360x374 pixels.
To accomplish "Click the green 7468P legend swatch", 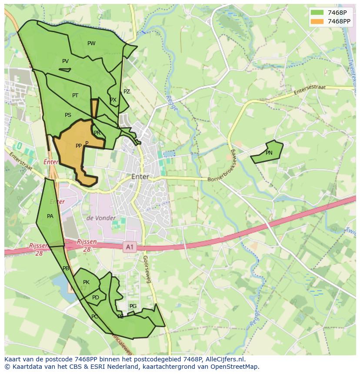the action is pos(317,13).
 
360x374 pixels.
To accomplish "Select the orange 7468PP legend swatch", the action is pos(317,21).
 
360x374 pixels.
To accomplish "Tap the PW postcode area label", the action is pos(91,43).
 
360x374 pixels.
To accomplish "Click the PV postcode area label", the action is pos(65,61).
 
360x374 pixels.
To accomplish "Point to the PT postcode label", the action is pos(75,96).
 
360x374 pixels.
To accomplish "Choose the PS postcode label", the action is pos(68,115).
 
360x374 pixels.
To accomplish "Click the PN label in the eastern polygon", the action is pos(269,153).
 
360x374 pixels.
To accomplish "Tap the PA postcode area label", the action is pos(50,216).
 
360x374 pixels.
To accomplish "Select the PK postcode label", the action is pos(86,282).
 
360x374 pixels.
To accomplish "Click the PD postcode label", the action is pos(96,298).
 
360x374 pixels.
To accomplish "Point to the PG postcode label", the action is pos(133,306).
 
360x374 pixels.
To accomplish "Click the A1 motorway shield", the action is pos(129,247).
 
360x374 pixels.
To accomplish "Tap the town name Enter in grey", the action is pos(140,177).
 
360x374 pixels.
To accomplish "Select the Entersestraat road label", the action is pos(310,90).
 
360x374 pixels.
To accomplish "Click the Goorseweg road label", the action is pos(147,269).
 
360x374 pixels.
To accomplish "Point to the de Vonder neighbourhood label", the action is pos(101,218).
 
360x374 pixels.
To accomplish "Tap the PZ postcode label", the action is pos(127,92).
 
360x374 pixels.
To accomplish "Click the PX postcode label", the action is pos(113,100).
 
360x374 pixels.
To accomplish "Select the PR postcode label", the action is pos(97,133).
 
